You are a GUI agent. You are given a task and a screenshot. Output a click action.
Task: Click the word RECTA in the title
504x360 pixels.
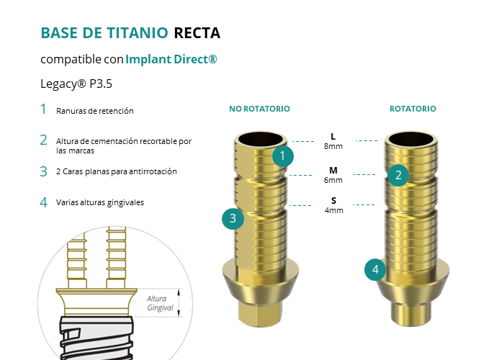coord(197,33)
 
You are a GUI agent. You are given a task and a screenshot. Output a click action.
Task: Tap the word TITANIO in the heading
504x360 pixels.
coord(138,33)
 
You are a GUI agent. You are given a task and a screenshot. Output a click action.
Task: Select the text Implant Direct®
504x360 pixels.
coord(171,59)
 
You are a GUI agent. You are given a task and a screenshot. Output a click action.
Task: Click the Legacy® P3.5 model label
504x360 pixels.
coord(76,84)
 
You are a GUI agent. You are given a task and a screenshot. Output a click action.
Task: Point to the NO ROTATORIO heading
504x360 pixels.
coord(259,109)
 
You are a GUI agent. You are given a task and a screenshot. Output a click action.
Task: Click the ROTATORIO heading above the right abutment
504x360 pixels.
coord(413,109)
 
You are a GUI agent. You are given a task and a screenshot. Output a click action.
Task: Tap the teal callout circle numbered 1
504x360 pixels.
coord(283,156)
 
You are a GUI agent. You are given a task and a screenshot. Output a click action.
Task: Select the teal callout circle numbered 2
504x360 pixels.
coord(398,176)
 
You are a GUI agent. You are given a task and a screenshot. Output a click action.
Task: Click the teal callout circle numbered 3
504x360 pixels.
coord(233,219)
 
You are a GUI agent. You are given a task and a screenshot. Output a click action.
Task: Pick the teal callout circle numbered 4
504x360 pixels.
coord(375,270)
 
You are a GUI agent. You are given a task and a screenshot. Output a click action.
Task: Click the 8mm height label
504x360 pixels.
coord(333,146)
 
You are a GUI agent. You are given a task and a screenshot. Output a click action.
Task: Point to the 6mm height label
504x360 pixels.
coord(333,180)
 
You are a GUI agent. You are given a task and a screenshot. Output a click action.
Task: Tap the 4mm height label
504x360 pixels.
coord(334,210)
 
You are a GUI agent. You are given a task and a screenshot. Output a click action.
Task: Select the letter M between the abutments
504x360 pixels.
coord(333,171)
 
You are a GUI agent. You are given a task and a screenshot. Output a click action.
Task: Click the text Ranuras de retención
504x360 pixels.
coord(95,111)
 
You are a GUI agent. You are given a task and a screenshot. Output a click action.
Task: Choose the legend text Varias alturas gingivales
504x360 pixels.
coord(100,202)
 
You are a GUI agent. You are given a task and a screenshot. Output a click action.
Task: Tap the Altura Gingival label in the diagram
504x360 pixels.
coord(160,303)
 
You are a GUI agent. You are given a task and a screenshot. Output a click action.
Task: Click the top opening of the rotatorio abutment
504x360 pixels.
coord(411,140)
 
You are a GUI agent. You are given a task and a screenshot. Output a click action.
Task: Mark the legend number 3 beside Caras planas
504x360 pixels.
coord(44,171)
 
